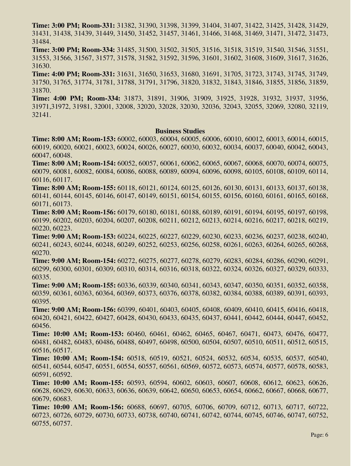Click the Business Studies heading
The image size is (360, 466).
[180, 131]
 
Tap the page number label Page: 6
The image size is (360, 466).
[319, 435]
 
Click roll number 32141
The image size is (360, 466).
[41, 115]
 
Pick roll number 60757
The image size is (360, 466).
[62, 423]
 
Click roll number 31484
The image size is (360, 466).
[41, 42]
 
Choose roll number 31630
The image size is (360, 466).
[41, 66]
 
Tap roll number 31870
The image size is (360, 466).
[41, 90]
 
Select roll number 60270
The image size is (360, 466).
[41, 252]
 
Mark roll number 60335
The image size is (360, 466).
[41, 277]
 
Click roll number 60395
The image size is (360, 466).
[41, 301]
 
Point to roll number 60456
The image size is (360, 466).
[41, 326]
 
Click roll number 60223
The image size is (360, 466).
[62, 228]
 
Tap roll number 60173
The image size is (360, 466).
[62, 204]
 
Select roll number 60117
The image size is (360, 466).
[62, 180]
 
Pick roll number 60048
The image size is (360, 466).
[62, 155]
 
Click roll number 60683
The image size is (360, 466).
[62, 399]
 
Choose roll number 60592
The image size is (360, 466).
[62, 375]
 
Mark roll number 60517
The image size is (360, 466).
[62, 350]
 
